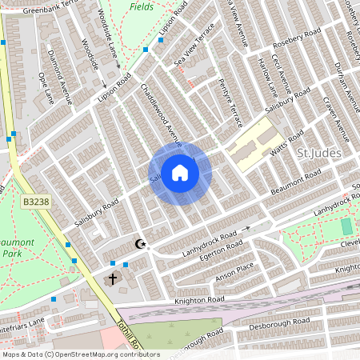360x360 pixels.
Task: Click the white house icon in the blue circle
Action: (x=180, y=173)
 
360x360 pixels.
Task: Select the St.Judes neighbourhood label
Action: (x=319, y=153)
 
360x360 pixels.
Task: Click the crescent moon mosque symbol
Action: (x=141, y=244)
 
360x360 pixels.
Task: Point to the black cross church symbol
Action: (x=113, y=278)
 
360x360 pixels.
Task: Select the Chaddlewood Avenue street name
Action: (x=162, y=113)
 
